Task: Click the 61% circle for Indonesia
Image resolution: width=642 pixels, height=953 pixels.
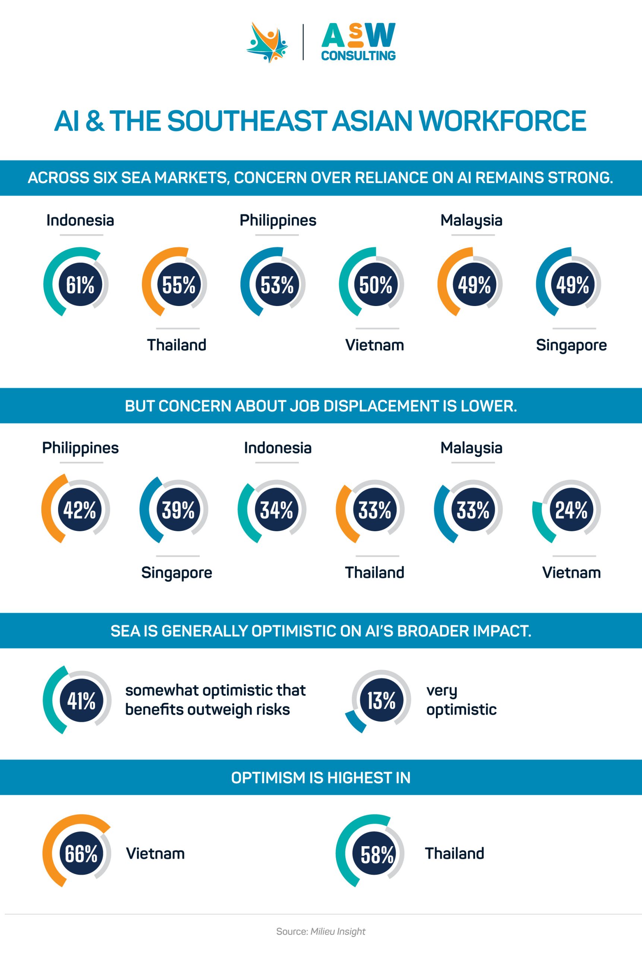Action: pos(80,285)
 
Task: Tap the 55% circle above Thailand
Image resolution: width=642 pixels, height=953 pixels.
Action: pos(178,285)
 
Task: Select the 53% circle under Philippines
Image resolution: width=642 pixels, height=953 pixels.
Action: pos(277,285)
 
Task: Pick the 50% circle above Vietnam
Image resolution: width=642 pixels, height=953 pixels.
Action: pos(376,285)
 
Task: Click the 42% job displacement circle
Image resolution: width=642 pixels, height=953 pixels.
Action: pos(79,510)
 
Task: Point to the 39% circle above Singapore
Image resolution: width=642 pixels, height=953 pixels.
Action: pos(178,510)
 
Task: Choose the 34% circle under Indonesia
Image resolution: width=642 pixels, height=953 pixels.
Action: pos(276,510)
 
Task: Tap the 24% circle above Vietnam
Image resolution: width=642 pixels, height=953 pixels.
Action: pos(571,510)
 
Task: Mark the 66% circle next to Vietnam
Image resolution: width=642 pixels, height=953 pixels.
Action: pos(81,854)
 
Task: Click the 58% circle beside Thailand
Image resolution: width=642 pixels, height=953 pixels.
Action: pos(377,854)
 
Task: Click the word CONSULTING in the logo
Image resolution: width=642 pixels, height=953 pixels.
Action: pos(358,55)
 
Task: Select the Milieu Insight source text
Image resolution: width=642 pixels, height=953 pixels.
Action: pos(338,931)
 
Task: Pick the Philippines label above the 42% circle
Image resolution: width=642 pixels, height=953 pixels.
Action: pos(80,448)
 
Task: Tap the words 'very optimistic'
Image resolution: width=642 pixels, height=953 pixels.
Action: pos(461,700)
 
